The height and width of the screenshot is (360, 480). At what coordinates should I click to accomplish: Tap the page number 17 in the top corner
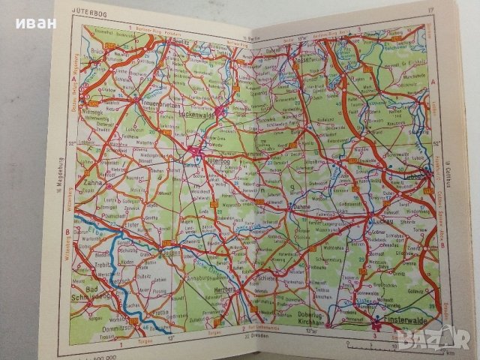430,10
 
